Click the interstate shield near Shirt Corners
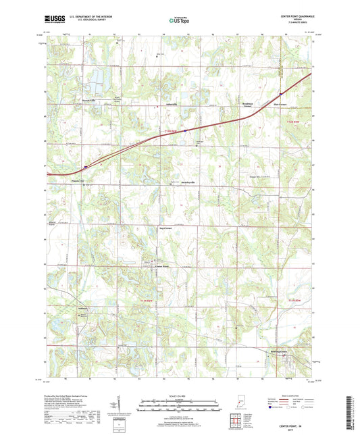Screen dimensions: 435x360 pyautogui.click(x=280, y=94)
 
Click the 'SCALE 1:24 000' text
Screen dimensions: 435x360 pyautogui.click(x=180, y=396)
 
